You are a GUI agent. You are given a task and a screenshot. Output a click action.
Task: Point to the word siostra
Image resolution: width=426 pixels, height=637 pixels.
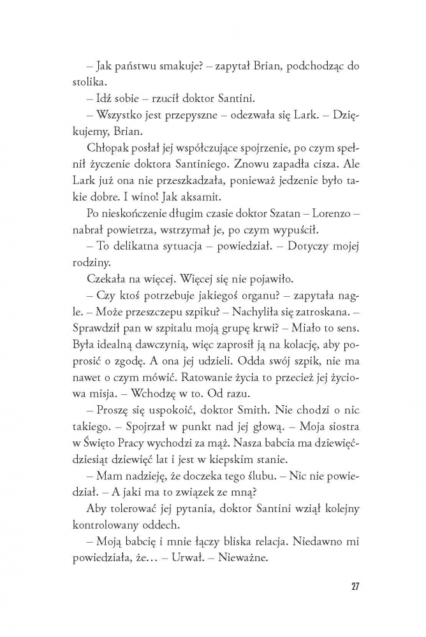tap(330, 444)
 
